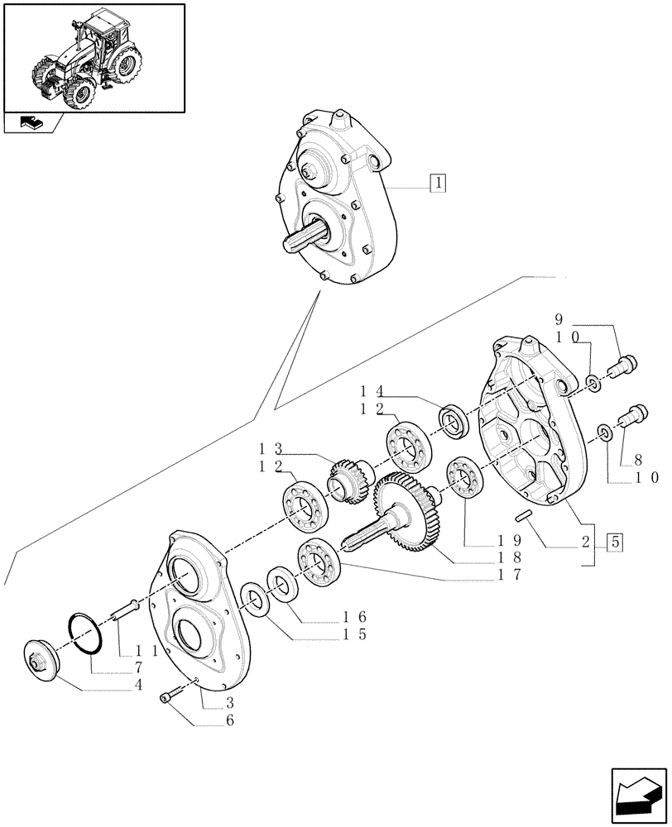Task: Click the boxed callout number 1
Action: pos(438,183)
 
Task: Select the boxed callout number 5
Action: pos(615,543)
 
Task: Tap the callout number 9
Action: pos(559,320)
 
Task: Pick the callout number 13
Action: pos(272,449)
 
